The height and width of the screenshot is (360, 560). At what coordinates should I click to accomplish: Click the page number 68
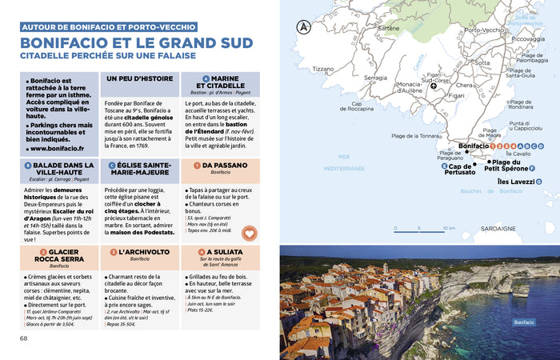point(23,338)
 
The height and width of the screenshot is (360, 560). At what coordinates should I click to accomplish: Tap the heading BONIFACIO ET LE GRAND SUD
point(136,43)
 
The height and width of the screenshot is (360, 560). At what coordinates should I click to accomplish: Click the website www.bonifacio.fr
point(54,149)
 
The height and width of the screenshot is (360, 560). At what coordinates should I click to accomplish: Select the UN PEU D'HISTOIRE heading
point(140,79)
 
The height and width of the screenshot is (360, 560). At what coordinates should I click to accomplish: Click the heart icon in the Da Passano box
point(249,234)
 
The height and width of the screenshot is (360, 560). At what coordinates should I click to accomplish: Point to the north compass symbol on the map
point(303,26)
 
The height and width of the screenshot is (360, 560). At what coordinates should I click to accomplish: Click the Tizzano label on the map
point(322,69)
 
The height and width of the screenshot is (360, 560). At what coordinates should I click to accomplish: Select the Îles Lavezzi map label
point(515,182)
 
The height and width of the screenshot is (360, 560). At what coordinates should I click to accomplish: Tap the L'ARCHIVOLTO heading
point(140,253)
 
